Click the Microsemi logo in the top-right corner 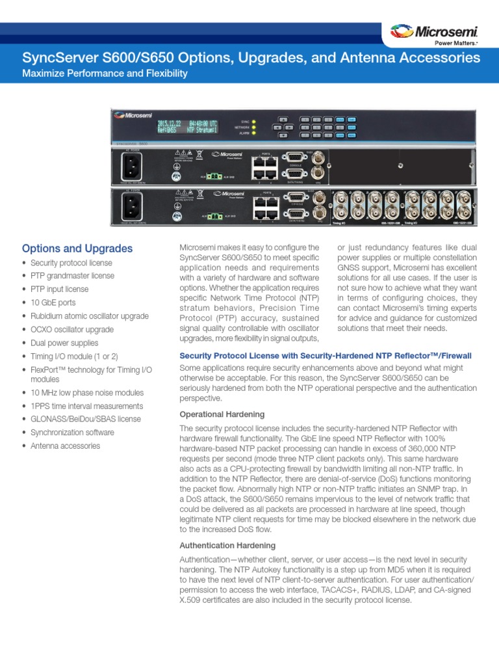point(434,32)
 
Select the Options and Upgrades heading point(77,248)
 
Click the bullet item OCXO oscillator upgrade point(72,329)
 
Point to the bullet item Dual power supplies point(64,343)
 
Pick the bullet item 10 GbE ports point(53,302)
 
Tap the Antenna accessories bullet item point(65,446)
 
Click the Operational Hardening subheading point(222,414)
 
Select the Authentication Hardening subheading point(227,545)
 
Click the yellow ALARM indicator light point(254,132)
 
